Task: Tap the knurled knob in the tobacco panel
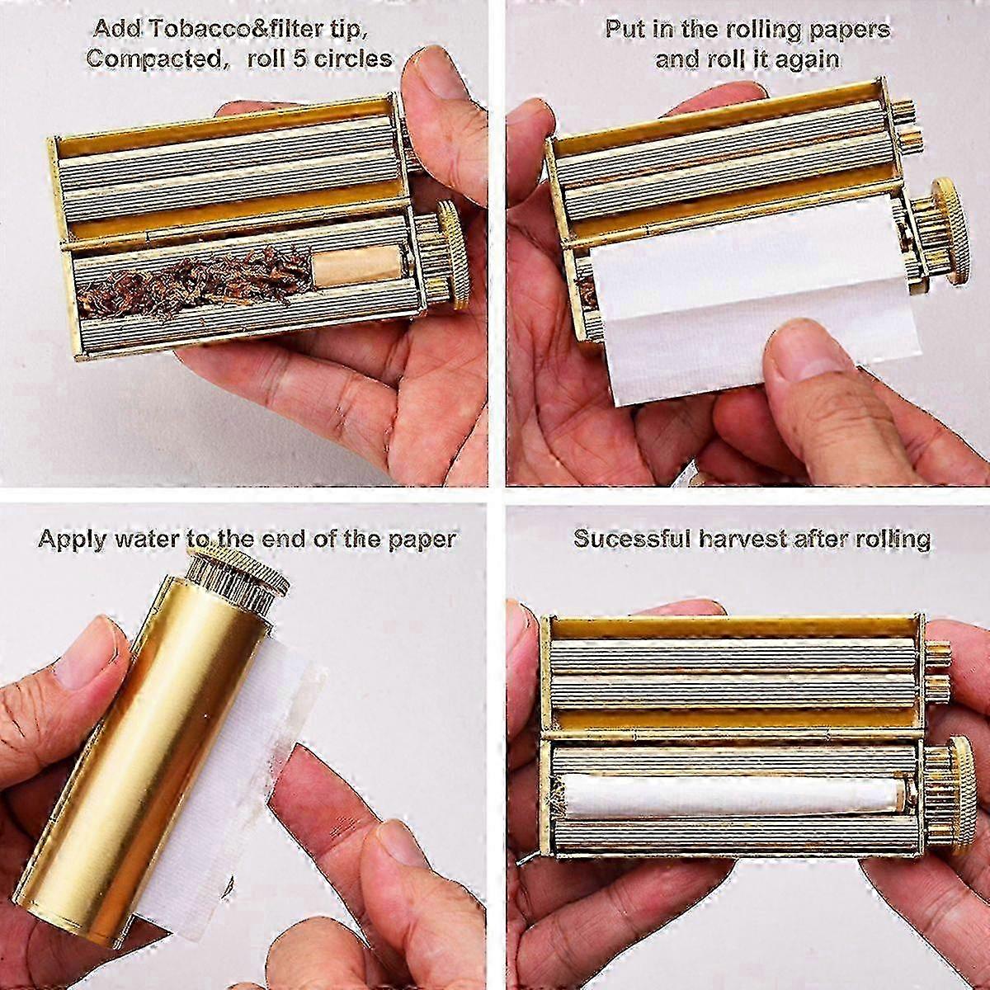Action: coord(450,254)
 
